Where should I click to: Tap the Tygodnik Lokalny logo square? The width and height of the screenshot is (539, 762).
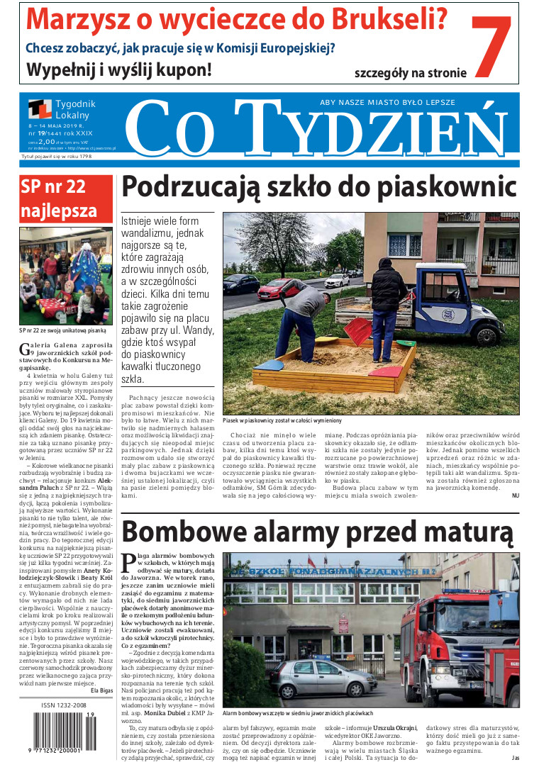point(40,110)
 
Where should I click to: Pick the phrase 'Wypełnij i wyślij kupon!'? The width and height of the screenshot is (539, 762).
point(119,69)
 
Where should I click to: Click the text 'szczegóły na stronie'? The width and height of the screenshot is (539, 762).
point(411,72)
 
